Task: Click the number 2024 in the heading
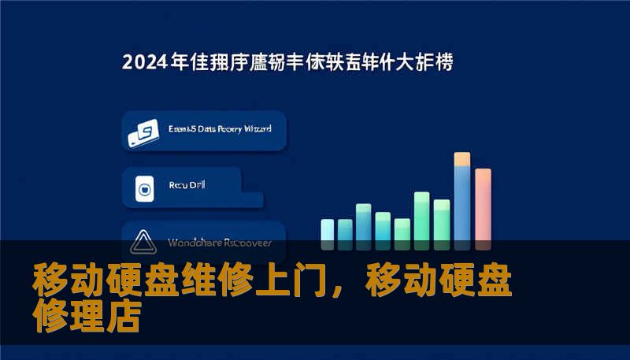click(145, 62)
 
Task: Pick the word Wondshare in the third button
click(191, 243)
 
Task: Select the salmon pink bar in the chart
click(483, 205)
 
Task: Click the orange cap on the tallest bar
click(462, 159)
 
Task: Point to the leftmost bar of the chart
click(327, 229)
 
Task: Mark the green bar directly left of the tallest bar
click(442, 220)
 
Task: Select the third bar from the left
click(364, 221)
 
